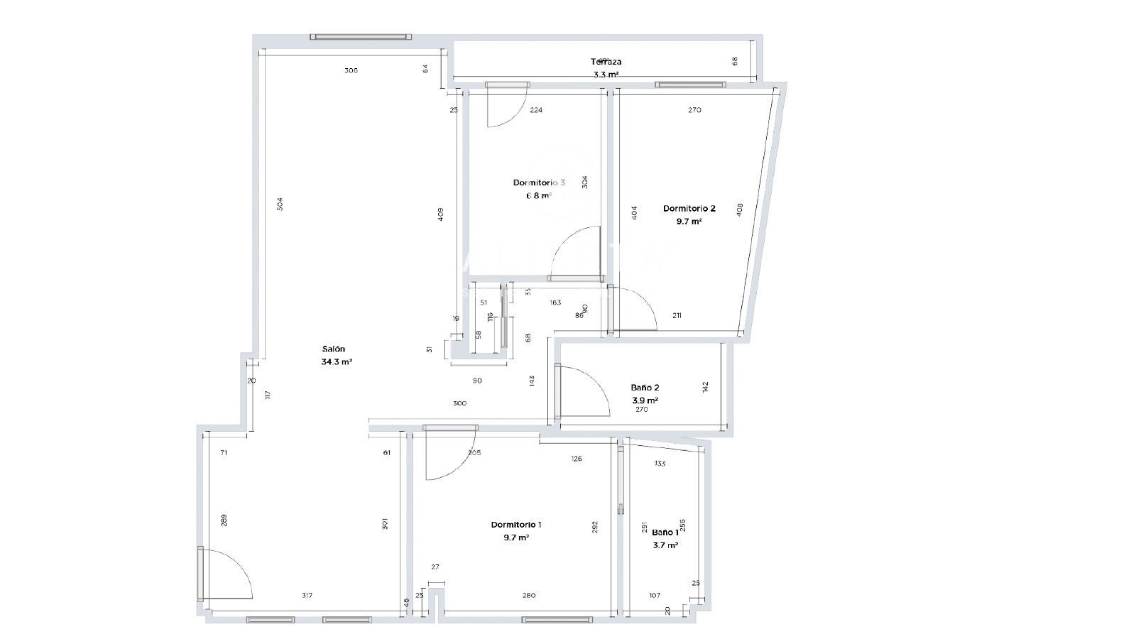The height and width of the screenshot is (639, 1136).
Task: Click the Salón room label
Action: (x=334, y=349)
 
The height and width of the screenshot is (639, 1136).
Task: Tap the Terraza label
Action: (x=606, y=62)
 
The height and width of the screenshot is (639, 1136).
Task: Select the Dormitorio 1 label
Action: (x=516, y=525)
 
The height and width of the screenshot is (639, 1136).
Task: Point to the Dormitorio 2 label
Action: (x=689, y=209)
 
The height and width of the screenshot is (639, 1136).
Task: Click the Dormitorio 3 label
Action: (x=539, y=182)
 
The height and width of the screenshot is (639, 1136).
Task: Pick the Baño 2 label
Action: (x=645, y=388)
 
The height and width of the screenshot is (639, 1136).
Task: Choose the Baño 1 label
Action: (x=665, y=532)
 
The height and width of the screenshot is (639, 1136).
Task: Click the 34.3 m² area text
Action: (x=337, y=361)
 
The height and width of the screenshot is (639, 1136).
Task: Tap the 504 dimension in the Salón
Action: (x=280, y=204)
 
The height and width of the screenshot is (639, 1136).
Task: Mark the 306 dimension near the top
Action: (x=351, y=70)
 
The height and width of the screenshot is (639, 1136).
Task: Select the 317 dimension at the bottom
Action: (x=307, y=595)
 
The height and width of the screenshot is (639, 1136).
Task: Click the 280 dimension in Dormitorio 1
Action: (x=529, y=595)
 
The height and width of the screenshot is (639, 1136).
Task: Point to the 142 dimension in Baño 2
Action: (x=705, y=387)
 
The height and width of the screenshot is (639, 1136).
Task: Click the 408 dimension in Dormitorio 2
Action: (x=740, y=210)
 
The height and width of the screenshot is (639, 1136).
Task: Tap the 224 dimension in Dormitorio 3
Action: (x=537, y=110)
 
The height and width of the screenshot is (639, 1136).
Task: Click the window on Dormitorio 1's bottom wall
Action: (x=556, y=620)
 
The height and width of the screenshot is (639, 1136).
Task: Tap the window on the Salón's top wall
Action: (x=361, y=37)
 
